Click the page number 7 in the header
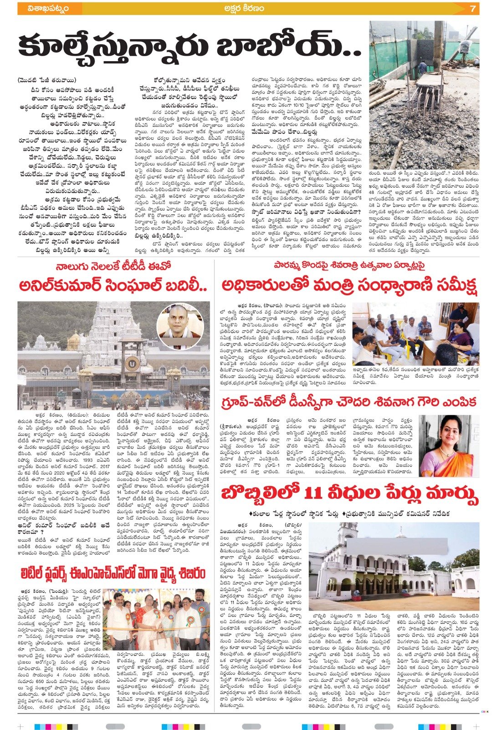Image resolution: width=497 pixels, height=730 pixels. coord(473,9)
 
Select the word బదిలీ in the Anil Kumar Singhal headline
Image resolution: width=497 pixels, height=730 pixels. coord(184,286)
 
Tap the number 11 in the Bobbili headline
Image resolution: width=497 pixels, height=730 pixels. coord(314,494)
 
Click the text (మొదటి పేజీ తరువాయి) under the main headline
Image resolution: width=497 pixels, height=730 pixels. coord(47,80)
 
